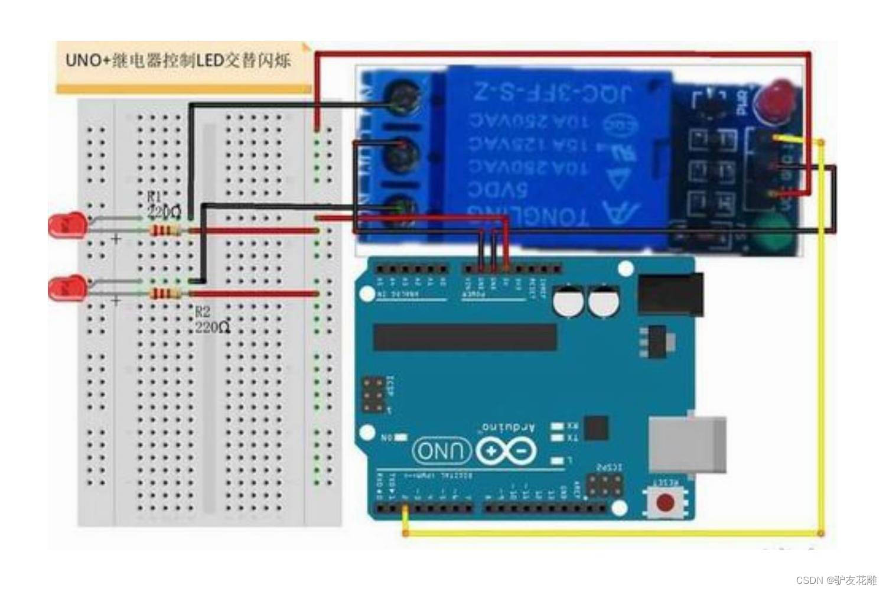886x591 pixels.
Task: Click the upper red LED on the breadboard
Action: point(67,226)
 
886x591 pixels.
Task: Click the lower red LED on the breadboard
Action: point(67,288)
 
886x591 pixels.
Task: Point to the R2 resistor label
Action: point(203,311)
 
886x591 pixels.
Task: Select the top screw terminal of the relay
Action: point(404,99)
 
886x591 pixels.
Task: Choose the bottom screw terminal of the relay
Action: point(404,208)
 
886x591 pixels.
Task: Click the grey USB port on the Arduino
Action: point(688,444)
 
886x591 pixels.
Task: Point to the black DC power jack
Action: point(670,294)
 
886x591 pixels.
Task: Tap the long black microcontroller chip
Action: point(465,337)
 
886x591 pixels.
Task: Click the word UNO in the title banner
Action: point(83,60)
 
